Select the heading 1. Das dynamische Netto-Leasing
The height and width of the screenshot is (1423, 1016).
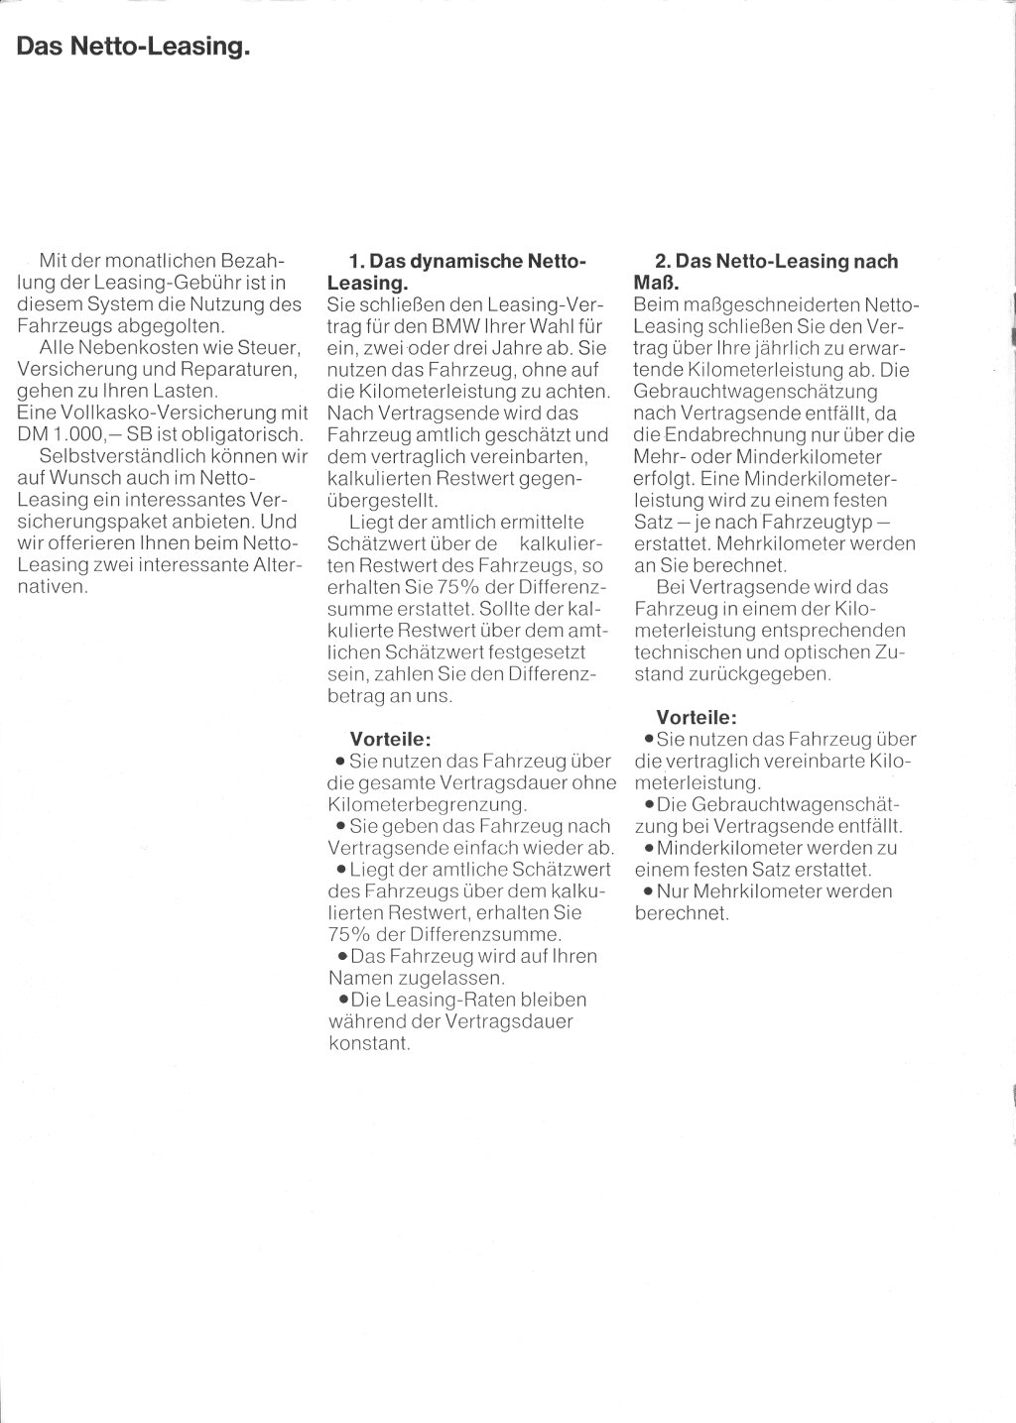(456, 272)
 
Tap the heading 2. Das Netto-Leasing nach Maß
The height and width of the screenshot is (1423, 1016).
(766, 272)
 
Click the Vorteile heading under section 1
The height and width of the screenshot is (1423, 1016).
(390, 739)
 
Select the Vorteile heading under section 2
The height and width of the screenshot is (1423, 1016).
(697, 717)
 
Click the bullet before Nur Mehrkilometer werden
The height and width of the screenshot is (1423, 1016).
(648, 891)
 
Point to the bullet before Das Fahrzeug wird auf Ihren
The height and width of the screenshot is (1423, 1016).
(342, 957)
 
